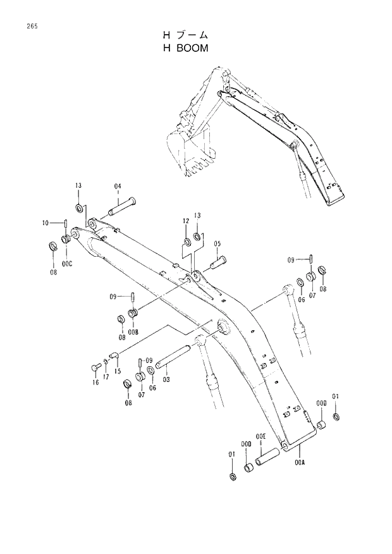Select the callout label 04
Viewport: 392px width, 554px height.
[x=118, y=186]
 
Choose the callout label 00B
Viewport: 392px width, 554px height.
[x=133, y=331]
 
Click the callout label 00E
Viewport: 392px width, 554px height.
[x=260, y=436]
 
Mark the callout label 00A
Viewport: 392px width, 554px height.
[x=300, y=462]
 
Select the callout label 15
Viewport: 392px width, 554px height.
[x=118, y=371]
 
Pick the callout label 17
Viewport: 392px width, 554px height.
[x=106, y=377]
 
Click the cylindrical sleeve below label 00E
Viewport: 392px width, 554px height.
[x=271, y=457]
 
